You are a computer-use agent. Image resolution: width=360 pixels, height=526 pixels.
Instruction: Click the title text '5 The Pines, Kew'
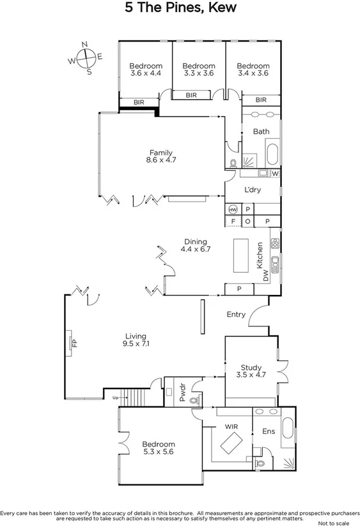[x=180, y=8]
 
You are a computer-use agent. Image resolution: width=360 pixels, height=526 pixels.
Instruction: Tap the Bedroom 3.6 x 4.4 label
[x=146, y=69]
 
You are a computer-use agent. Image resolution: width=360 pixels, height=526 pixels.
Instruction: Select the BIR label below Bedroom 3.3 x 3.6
[x=191, y=95]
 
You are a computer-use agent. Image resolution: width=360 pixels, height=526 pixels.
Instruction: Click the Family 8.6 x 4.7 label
[x=161, y=156]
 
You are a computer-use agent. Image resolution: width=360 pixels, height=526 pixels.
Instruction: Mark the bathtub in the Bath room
[x=272, y=155]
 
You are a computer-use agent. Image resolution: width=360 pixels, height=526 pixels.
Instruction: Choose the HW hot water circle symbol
[x=232, y=209]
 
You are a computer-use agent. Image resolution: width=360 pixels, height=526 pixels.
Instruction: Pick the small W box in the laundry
[x=275, y=173]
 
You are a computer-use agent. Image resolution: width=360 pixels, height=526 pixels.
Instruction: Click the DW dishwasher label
[x=265, y=275]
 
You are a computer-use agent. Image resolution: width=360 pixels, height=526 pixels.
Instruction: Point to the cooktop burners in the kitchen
[x=275, y=244]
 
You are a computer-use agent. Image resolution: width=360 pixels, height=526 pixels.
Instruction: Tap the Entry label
[x=236, y=314]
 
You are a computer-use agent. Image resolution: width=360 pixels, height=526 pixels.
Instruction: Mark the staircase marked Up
[x=133, y=397]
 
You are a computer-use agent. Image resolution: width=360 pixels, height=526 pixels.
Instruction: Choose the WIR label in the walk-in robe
[x=231, y=426]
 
